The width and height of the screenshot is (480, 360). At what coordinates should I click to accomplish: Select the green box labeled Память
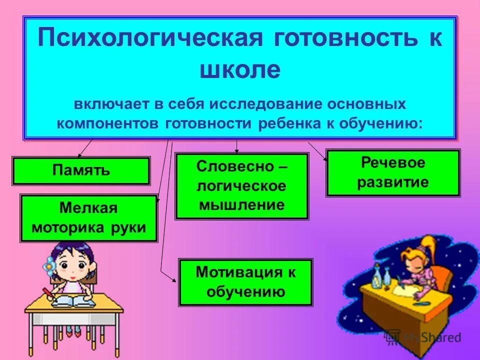[81, 170]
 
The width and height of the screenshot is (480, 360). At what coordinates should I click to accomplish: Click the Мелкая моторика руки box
[88, 218]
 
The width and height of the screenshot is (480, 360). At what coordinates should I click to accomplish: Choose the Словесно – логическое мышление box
[241, 186]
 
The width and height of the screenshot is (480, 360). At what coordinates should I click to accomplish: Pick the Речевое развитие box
[392, 172]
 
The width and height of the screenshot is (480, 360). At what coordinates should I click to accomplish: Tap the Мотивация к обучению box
[245, 282]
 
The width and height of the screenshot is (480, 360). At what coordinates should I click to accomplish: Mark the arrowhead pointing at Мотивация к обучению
[174, 281]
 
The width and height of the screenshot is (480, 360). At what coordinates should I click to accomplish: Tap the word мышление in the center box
[241, 204]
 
